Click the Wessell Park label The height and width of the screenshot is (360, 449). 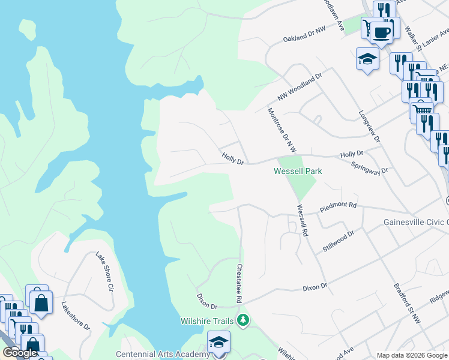click(298, 171)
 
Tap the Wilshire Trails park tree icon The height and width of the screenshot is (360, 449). click(243, 320)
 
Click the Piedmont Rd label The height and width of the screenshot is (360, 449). click(338, 206)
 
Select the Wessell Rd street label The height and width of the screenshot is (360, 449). click(301, 221)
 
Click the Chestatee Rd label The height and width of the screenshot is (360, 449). click(239, 283)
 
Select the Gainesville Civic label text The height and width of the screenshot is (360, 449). click(415, 222)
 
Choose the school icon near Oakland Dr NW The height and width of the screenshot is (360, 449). click(367, 59)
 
